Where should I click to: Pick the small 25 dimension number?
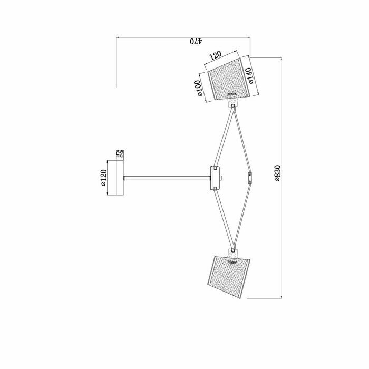[120, 154]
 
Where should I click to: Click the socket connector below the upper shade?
[232, 105]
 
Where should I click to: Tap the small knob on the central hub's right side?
[221, 178]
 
